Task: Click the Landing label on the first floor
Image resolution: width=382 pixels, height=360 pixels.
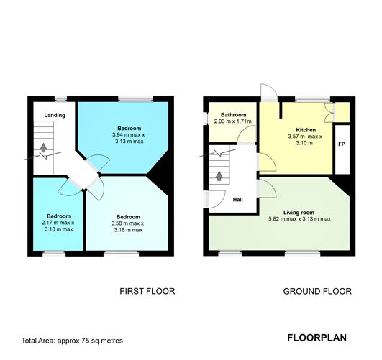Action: pyautogui.click(x=55, y=115)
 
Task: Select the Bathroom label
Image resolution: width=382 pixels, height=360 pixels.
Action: pyautogui.click(x=234, y=115)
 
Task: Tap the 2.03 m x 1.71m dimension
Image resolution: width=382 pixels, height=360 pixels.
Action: pyautogui.click(x=234, y=121)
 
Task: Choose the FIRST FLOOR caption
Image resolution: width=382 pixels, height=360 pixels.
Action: pyautogui.click(x=147, y=292)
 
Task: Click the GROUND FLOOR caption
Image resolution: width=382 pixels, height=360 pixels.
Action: pyautogui.click(x=317, y=292)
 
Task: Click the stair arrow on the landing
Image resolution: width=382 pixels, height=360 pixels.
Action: pyautogui.click(x=45, y=149)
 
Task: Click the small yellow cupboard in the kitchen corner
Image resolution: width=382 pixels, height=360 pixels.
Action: pyautogui.click(x=342, y=111)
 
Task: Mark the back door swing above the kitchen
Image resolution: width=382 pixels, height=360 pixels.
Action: pyautogui.click(x=266, y=91)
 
